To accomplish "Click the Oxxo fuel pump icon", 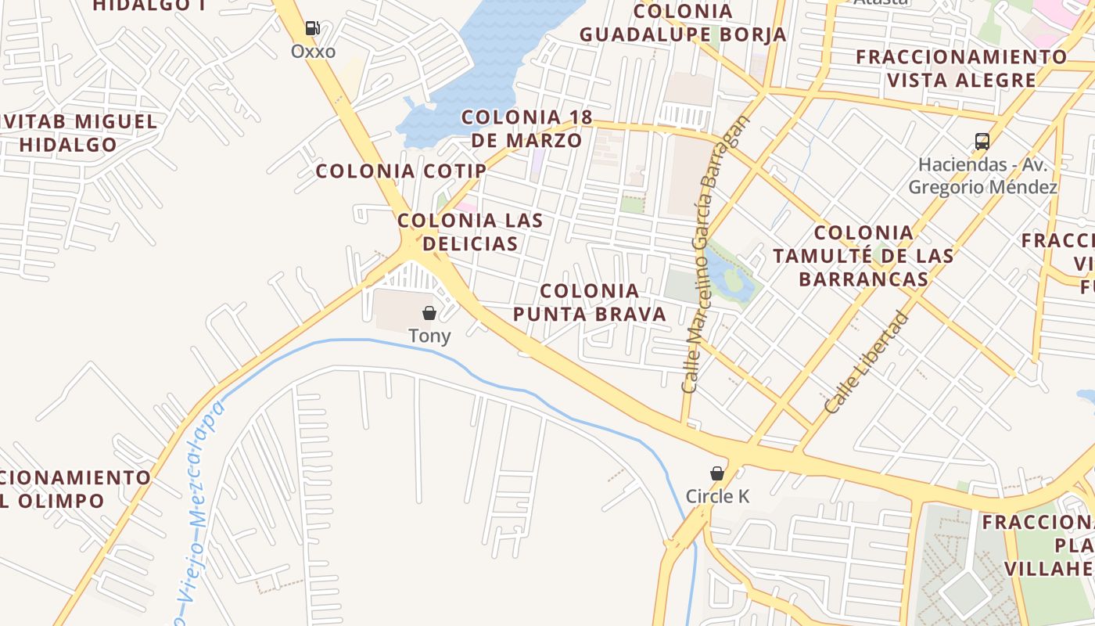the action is point(313,29).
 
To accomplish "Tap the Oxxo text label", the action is point(313,52).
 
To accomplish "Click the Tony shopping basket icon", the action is point(429,313).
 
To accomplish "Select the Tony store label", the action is point(429,336).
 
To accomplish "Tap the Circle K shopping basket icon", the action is point(716,473).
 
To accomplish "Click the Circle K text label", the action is point(717,496).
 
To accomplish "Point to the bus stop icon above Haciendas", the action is point(982,142).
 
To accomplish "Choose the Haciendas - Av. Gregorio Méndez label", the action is point(982,176).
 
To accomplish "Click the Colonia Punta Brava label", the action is point(590,303).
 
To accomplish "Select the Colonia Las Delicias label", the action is point(469,232).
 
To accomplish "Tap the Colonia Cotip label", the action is point(401,171).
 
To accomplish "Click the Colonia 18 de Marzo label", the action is point(526,129).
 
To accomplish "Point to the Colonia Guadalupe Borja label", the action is point(683,23).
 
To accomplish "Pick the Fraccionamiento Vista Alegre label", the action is point(961,68).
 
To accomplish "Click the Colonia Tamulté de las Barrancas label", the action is point(863,256).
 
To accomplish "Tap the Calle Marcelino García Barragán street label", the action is point(715,254).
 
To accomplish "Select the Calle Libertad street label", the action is point(867,362).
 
